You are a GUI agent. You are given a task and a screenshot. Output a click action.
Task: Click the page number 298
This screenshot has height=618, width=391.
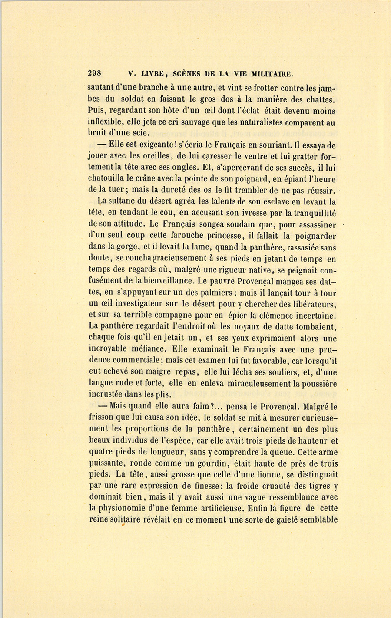[94, 73]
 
